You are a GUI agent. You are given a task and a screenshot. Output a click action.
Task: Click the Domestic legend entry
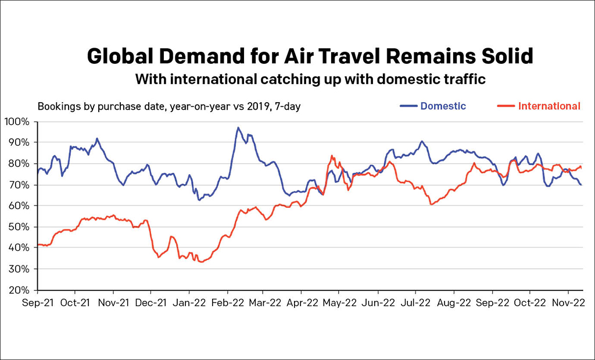pyautogui.click(x=443, y=106)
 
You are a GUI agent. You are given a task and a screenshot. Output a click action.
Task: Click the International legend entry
pyautogui.click(x=549, y=106)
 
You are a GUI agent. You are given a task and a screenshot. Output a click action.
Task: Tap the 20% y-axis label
pyautogui.click(x=19, y=290)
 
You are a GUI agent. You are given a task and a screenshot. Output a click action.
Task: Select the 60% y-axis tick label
pyautogui.click(x=19, y=206)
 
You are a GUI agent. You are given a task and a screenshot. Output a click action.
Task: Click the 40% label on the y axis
pyautogui.click(x=19, y=248)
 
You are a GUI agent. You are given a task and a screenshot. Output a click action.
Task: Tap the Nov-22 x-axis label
pyautogui.click(x=568, y=303)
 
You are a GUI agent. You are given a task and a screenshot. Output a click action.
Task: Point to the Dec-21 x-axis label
pyautogui.click(x=151, y=303)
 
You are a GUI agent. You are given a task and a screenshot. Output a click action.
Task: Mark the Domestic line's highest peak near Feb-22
pyautogui.click(x=238, y=128)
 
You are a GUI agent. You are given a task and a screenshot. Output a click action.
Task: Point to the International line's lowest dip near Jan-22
pyautogui.click(x=201, y=262)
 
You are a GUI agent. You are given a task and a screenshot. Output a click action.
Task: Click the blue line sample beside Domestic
pyautogui.click(x=408, y=106)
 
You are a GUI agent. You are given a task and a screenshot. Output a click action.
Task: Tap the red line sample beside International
pyautogui.click(x=507, y=106)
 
